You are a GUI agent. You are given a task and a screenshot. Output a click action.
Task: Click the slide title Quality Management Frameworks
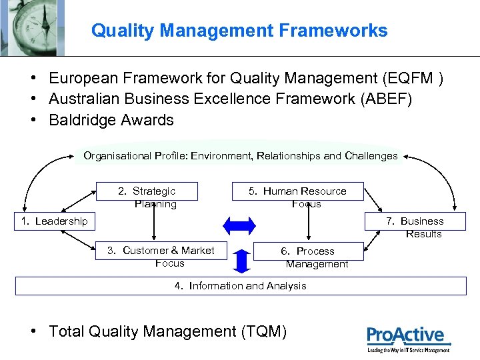click(x=239, y=31)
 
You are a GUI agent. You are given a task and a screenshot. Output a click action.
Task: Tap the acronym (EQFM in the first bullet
click(x=411, y=79)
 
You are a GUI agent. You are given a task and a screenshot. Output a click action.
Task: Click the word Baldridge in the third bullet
click(x=83, y=121)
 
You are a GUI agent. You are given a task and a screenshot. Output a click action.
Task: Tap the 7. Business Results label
click(x=417, y=227)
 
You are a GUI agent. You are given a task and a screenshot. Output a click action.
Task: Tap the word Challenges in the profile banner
click(x=371, y=156)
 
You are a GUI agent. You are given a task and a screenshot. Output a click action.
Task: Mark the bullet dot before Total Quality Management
click(x=34, y=331)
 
